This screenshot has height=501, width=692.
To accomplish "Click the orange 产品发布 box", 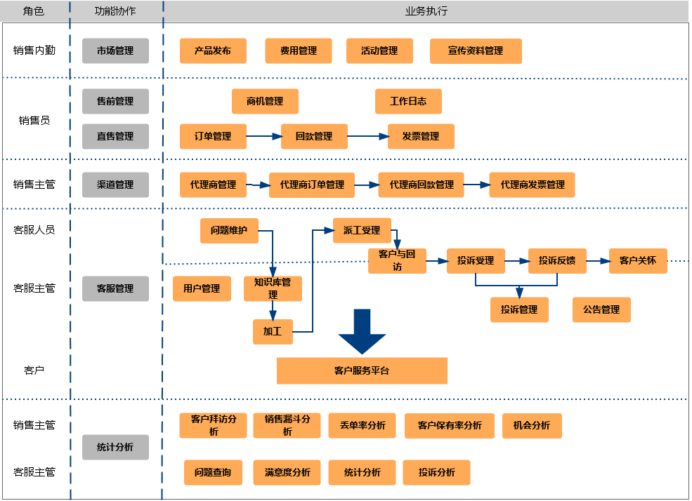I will [x=213, y=51].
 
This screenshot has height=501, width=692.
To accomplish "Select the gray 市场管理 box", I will [x=115, y=51].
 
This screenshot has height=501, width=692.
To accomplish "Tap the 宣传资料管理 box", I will [x=476, y=51].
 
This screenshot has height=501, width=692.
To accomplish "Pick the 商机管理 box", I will [x=265, y=101].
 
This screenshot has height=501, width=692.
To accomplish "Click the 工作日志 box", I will [x=408, y=101].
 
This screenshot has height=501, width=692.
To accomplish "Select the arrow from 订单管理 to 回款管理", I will [x=263, y=136].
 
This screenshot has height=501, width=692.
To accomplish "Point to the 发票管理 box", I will [x=421, y=136].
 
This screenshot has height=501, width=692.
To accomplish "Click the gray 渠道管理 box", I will [x=115, y=185].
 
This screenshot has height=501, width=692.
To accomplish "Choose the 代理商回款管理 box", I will [x=422, y=185].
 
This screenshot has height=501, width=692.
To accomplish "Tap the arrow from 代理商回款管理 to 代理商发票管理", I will [x=476, y=185].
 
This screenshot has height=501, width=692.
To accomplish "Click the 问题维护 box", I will [x=229, y=230].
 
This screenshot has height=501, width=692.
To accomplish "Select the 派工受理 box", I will [x=362, y=230].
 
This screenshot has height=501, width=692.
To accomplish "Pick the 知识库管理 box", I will [x=273, y=288].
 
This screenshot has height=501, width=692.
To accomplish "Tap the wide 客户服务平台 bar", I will [x=362, y=370].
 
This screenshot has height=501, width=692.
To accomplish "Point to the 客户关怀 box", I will [x=638, y=260].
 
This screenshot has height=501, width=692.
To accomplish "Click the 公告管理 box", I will [x=601, y=309].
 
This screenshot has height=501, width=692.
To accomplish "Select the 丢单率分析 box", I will [x=363, y=425].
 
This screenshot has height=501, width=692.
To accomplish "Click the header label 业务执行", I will [x=426, y=11].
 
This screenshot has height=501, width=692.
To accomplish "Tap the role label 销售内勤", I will [x=34, y=51].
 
